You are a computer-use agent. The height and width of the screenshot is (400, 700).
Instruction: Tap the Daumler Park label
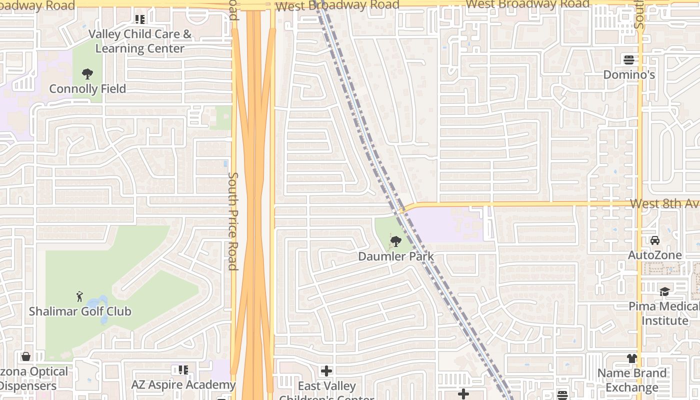pyautogui.click(x=396, y=256)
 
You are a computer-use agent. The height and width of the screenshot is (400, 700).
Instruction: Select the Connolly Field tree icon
pyautogui.click(x=87, y=74)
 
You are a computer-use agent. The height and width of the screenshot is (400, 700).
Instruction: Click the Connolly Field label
pyautogui.click(x=87, y=89)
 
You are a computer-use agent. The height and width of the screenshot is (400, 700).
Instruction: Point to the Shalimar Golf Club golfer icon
pyautogui.click(x=79, y=296)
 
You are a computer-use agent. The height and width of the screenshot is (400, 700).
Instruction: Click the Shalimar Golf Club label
pyautogui.click(x=80, y=311)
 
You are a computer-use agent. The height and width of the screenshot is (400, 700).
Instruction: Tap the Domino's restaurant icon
pyautogui.click(x=629, y=60)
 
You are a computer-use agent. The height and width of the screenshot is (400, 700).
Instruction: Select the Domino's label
pyautogui.click(x=629, y=75)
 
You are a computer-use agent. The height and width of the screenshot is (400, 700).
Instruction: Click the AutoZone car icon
pyautogui.click(x=655, y=240)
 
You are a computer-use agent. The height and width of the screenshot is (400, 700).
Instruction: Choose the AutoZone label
pyautogui.click(x=655, y=255)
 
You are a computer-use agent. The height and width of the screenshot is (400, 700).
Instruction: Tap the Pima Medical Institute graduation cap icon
pyautogui.click(x=664, y=291)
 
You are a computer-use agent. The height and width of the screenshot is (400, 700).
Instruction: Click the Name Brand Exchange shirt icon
pyautogui.click(x=632, y=358)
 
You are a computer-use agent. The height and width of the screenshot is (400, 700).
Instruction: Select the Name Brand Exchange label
pyautogui.click(x=632, y=380)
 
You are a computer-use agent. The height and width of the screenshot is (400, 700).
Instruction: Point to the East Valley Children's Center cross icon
pyautogui.click(x=326, y=371)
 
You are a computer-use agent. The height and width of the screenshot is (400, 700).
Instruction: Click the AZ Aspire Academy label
pyautogui.click(x=183, y=385)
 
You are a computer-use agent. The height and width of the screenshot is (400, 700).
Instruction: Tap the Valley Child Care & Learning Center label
pyautogui.click(x=140, y=41)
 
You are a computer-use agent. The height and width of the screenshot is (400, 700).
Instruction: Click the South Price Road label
pyautogui.click(x=233, y=221)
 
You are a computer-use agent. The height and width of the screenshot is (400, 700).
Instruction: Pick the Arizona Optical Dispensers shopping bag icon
pyautogui.click(x=25, y=356)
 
